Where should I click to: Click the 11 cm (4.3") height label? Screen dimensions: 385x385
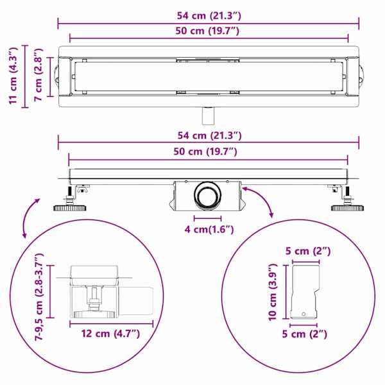(13, 76)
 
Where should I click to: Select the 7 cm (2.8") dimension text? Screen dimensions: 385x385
(38, 74)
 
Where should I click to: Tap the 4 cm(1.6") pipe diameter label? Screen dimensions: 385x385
(209, 230)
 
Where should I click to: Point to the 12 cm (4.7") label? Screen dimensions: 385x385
(110, 334)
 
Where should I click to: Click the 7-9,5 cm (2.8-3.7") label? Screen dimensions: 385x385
(38, 296)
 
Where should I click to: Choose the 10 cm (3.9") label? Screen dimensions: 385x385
(273, 292)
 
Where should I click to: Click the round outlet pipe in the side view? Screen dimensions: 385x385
(207, 196)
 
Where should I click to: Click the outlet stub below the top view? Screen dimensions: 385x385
(208, 116)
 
